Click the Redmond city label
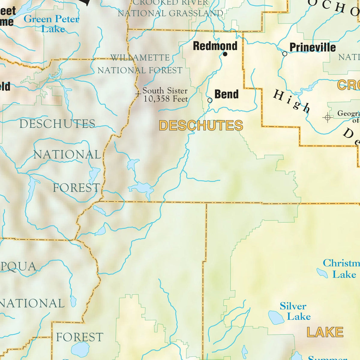pyautogui.click(x=215, y=46)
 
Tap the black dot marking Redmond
pyautogui.click(x=225, y=54)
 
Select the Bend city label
pyautogui.click(x=226, y=94)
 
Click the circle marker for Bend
pyautogui.click(x=210, y=100)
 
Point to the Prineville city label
pyautogui.click(x=313, y=47)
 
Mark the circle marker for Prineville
pyautogui.click(x=285, y=54)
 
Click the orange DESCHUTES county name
pyautogui.click(x=201, y=125)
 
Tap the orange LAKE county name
pyautogui.click(x=325, y=332)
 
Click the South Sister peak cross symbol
pyautogui.click(x=138, y=94)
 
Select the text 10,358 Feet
pyautogui.click(x=166, y=99)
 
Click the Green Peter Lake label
pyautogui.click(x=52, y=24)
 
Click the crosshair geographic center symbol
pyautogui.click(x=327, y=118)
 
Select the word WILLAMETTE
pyautogui.click(x=140, y=57)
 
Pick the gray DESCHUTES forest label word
pyautogui.click(x=57, y=124)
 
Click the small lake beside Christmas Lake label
pyautogui.click(x=322, y=273)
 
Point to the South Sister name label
pyautogui.click(x=165, y=91)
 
